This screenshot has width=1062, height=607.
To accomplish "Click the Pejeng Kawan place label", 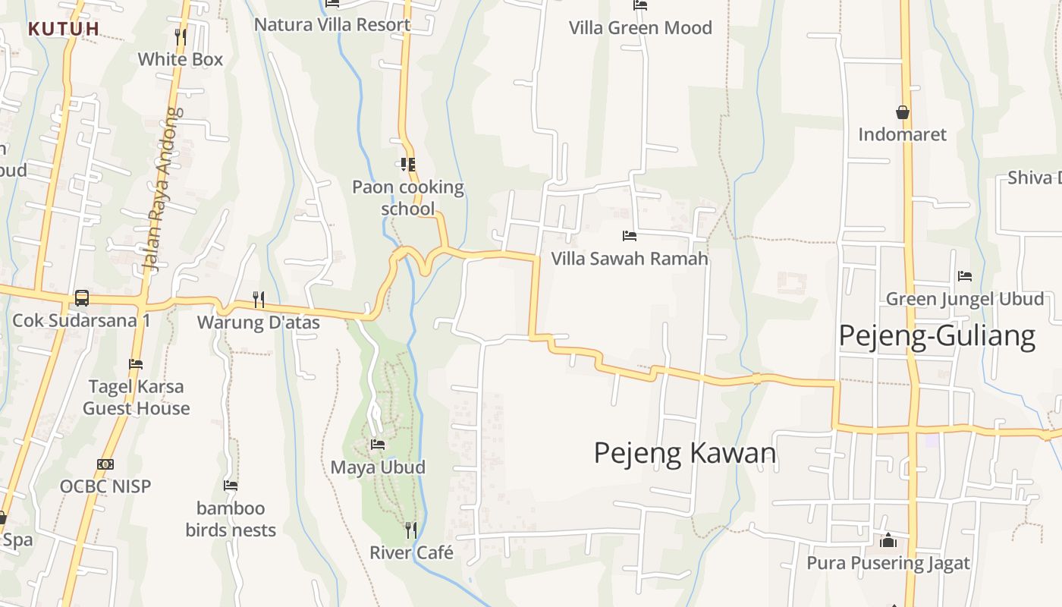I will click(685, 453).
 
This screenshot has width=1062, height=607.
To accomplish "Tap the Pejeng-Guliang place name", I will click(937, 335).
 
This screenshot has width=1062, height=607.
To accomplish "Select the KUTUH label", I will click(64, 29).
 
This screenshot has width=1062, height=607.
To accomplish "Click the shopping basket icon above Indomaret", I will click(903, 112).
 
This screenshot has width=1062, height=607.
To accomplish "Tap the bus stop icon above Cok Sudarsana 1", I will click(82, 298).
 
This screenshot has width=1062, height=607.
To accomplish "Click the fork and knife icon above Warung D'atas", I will click(259, 300).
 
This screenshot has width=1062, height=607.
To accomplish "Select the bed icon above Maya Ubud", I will click(378, 444).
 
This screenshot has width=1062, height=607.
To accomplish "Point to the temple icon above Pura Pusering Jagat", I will click(888, 540).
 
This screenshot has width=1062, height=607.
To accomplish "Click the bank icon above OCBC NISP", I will click(105, 464).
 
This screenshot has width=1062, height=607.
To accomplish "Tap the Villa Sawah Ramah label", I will click(630, 258).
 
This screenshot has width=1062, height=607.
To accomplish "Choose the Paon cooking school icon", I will click(408, 164).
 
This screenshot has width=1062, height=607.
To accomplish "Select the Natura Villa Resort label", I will click(332, 24).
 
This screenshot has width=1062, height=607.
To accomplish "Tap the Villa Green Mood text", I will click(641, 28).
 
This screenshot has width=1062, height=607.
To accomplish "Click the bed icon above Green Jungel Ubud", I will click(965, 275).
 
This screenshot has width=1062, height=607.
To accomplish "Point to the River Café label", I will click(411, 552).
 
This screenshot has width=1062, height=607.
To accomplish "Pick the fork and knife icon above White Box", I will click(181, 36).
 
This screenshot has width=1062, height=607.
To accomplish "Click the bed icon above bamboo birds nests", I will click(231, 486).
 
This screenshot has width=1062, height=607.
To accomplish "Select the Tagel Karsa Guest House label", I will click(137, 397).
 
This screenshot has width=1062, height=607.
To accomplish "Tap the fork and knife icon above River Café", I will click(410, 530).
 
